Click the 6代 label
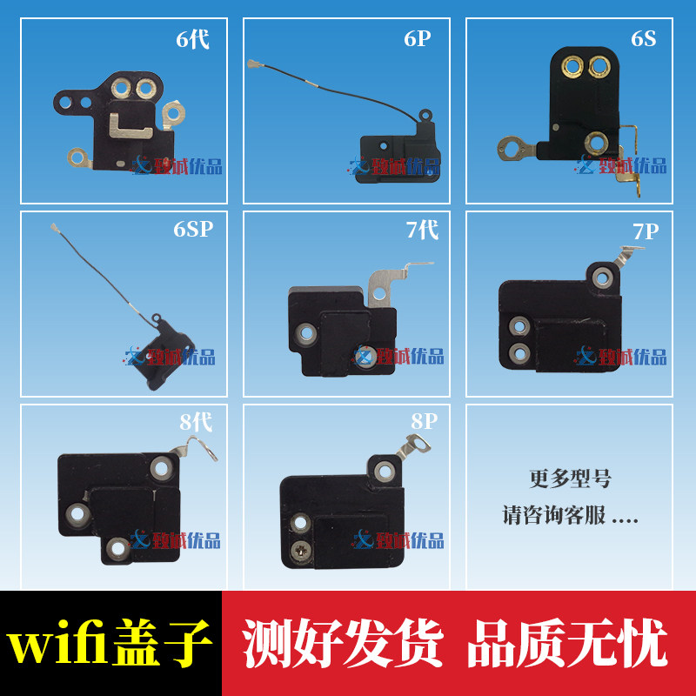tap(192, 39)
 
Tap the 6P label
tap(418, 38)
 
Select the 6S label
tap(643, 38)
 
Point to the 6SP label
tap(193, 229)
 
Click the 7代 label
tap(422, 230)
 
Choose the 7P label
tap(646, 231)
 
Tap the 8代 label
tap(196, 422)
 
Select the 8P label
tap(424, 421)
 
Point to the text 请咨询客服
tap(553, 515)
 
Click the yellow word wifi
tap(55, 645)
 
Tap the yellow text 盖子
tap(160, 643)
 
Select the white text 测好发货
tap(343, 643)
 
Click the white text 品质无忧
tap(568, 643)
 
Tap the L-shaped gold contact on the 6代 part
tap(130, 126)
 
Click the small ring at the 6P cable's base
tap(425, 115)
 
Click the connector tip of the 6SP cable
tap(54, 228)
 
